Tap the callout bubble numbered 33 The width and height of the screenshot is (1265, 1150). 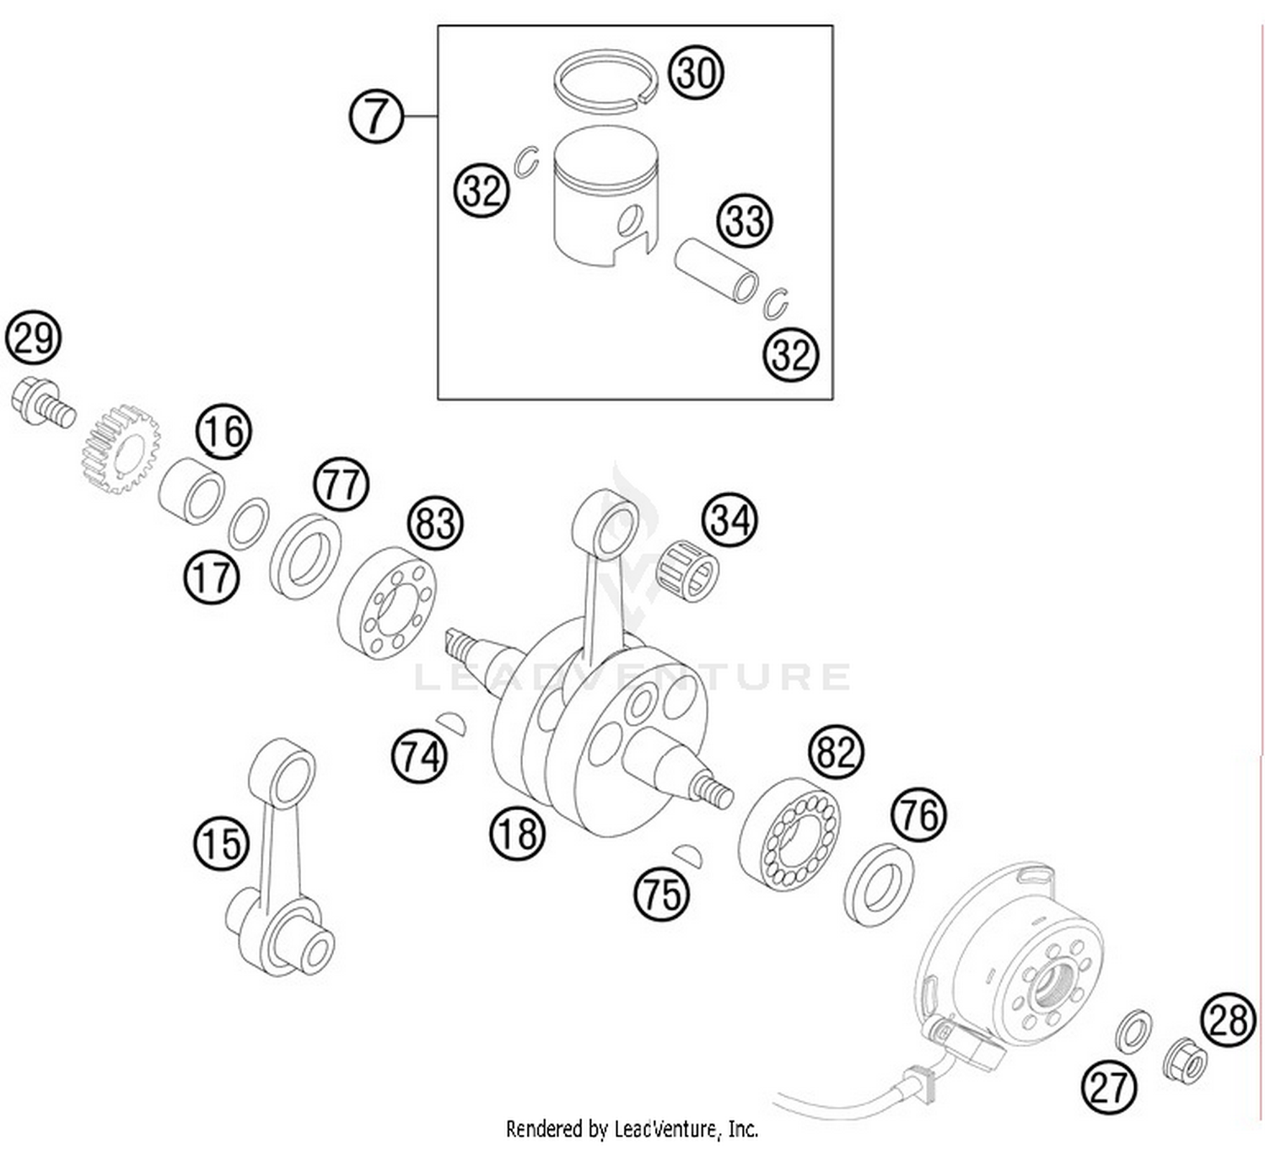point(745,221)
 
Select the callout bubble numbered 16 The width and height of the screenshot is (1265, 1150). point(224,431)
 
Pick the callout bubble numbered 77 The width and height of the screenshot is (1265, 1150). point(342,485)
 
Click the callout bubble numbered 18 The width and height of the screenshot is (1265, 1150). point(517,833)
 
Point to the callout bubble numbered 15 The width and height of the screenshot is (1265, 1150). point(222,843)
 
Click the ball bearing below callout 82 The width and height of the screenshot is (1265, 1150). point(789,831)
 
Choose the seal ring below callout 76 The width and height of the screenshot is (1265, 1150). point(879,883)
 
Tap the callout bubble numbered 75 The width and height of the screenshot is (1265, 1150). point(661,894)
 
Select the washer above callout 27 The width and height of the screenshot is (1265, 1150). point(1134,1030)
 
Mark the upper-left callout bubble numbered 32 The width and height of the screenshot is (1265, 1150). point(482,191)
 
